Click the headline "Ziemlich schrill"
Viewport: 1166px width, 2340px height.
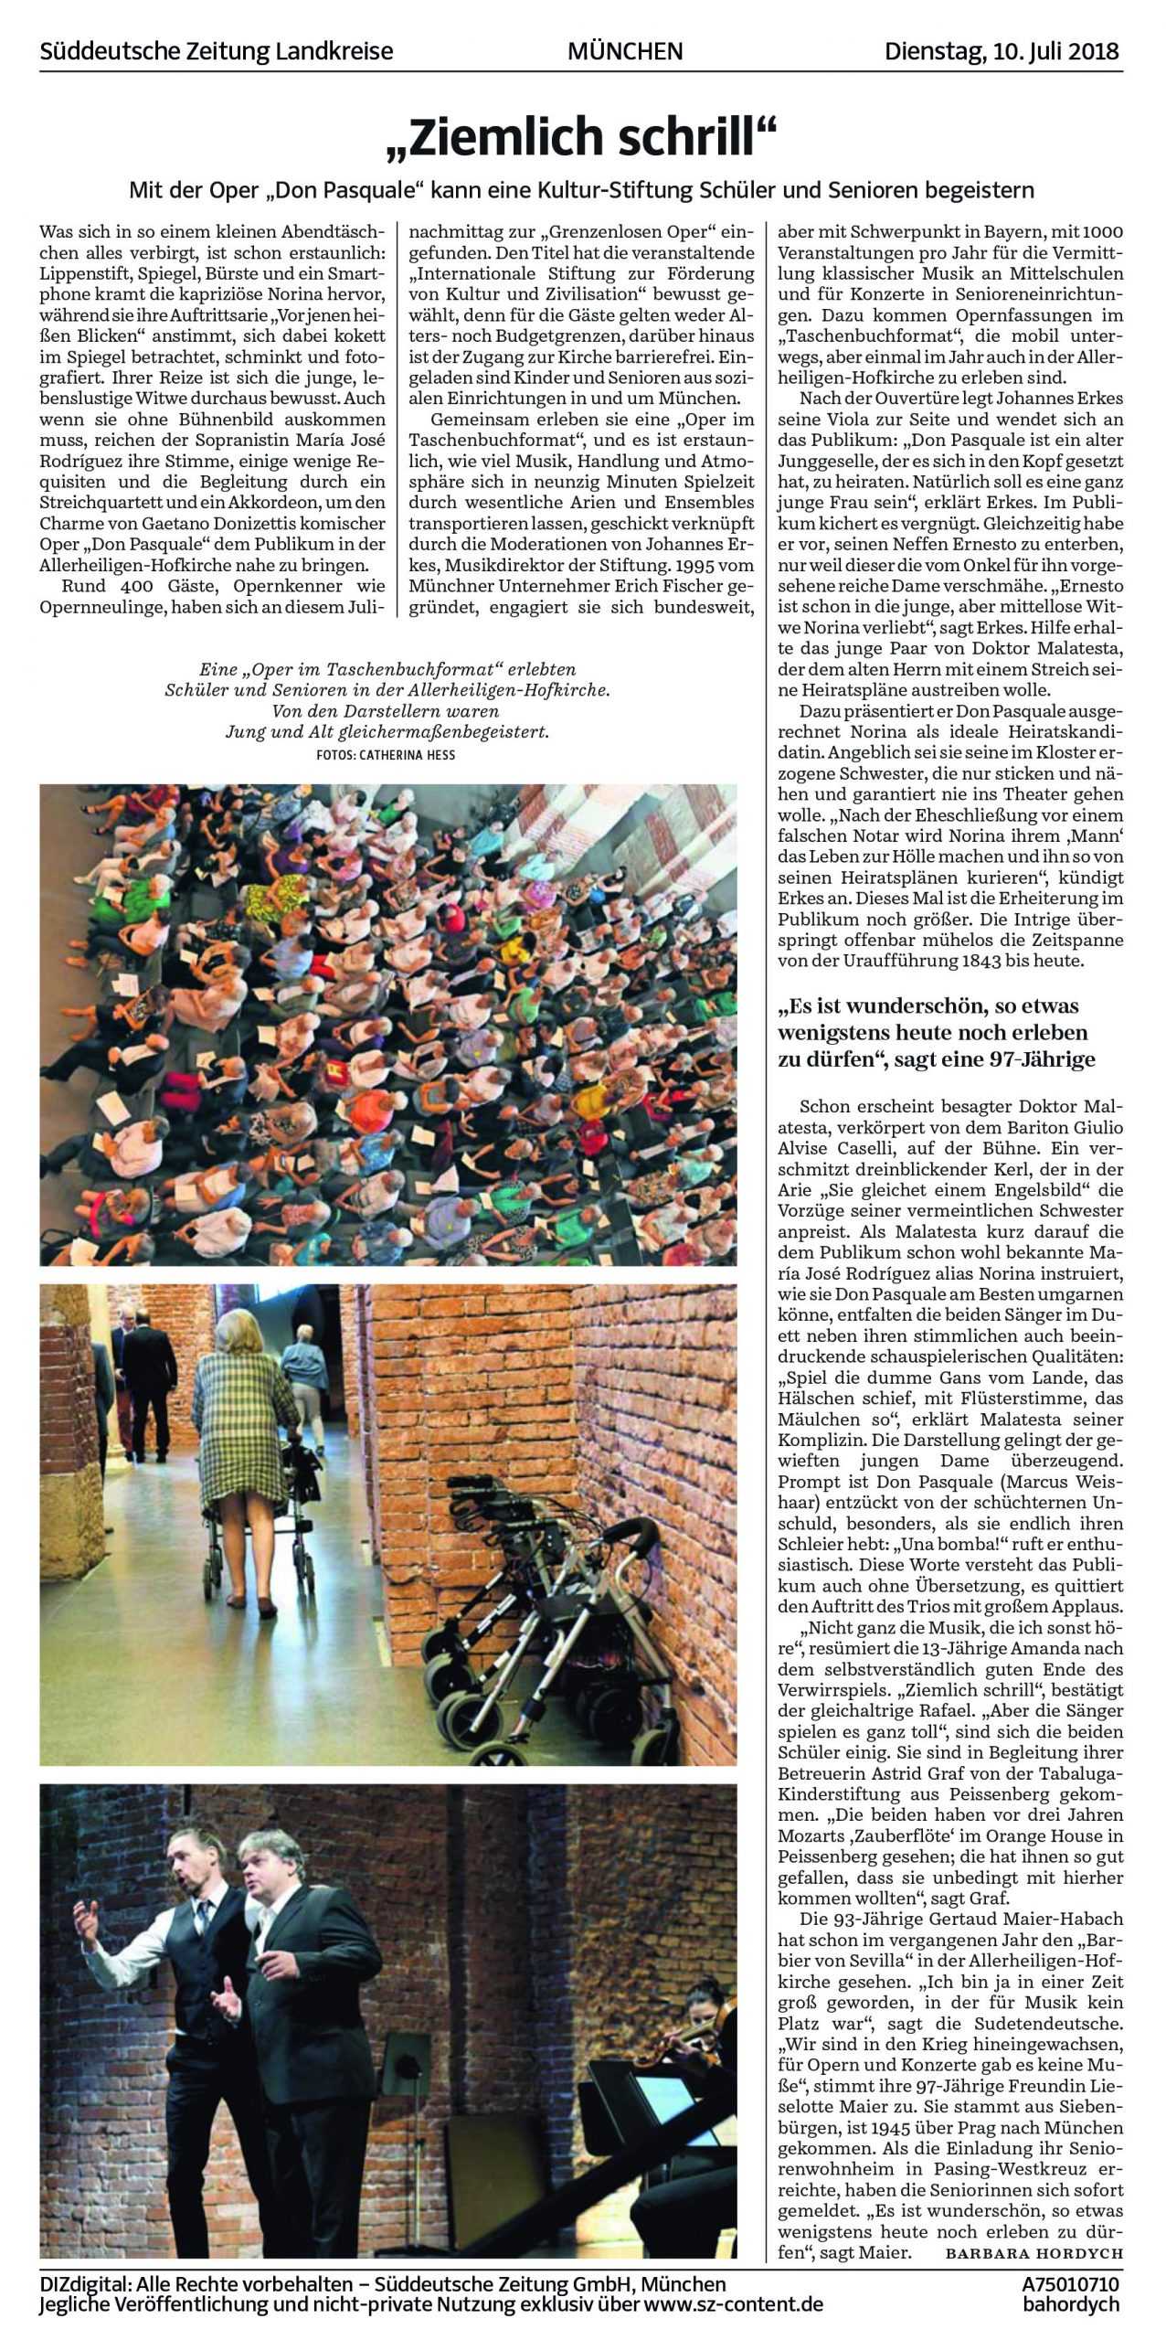[x=582, y=137]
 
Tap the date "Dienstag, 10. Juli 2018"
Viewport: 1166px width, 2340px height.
[x=1002, y=51]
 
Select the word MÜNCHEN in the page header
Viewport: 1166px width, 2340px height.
[x=625, y=51]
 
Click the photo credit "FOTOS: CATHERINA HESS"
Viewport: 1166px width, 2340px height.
[x=385, y=755]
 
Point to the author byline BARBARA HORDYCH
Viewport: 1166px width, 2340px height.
[x=1033, y=2252]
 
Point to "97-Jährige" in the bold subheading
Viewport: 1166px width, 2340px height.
[x=1045, y=1059]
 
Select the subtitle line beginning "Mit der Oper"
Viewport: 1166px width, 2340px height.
[x=582, y=190]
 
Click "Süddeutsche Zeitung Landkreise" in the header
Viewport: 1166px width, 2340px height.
[x=217, y=51]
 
